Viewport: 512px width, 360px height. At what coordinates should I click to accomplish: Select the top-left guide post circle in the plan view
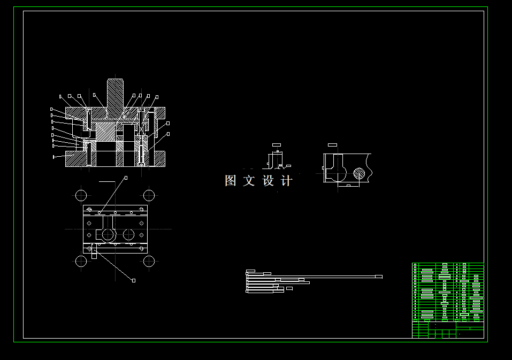click(x=81, y=195)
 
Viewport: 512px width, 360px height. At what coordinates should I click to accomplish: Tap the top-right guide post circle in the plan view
click(x=149, y=195)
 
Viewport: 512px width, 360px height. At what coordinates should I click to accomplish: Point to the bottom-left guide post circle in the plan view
click(x=81, y=261)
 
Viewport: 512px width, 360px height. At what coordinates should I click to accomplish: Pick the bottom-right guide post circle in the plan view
click(x=149, y=261)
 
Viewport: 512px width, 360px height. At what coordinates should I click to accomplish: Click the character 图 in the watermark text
click(x=231, y=181)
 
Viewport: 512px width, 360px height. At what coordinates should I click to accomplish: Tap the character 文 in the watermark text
click(x=249, y=181)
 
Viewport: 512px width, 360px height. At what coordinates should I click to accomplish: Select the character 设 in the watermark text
click(x=268, y=181)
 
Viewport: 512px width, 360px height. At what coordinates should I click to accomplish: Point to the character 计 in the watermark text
click(x=287, y=181)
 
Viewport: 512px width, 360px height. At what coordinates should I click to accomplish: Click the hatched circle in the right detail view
click(x=360, y=173)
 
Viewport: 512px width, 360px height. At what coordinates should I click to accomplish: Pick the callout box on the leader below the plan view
click(x=134, y=280)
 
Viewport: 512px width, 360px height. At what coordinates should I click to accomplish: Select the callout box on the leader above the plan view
click(x=126, y=177)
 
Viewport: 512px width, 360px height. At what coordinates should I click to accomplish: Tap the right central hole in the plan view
click(x=128, y=234)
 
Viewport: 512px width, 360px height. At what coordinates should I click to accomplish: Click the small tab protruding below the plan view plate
click(x=94, y=252)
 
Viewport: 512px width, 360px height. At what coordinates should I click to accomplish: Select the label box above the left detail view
click(x=276, y=144)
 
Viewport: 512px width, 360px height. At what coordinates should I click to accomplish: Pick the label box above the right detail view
click(x=332, y=144)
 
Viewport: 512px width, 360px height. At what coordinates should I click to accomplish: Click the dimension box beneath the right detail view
click(x=348, y=186)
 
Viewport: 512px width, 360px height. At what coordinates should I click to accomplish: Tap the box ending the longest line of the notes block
click(x=379, y=277)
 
